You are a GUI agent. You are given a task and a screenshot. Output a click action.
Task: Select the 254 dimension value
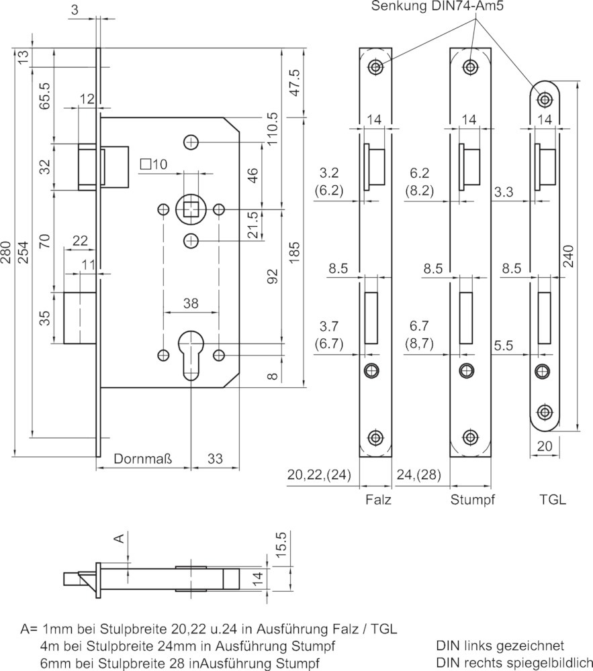[x=23, y=252]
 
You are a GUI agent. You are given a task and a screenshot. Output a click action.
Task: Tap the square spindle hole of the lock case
[x=191, y=209]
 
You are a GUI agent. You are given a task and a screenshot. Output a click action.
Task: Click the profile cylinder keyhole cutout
[x=191, y=355]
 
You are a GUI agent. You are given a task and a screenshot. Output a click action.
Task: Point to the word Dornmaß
[x=143, y=459]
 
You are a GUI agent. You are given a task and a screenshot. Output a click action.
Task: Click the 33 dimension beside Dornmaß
[x=215, y=459]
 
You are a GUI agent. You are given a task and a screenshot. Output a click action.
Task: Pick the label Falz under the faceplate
[x=379, y=499]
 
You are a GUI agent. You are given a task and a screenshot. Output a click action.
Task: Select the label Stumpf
[x=472, y=499]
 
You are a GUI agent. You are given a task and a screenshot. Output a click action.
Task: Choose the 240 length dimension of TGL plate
[x=567, y=256]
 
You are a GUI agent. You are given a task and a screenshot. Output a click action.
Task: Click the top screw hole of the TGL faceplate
[x=545, y=99]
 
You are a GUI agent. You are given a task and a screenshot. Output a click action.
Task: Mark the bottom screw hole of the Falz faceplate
[x=375, y=437]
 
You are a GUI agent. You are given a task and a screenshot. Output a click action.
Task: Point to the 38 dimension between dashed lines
[x=191, y=303]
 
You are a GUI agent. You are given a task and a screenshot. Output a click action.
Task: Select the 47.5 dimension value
[x=296, y=83]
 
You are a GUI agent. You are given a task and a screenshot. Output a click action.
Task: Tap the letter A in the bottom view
[x=120, y=538]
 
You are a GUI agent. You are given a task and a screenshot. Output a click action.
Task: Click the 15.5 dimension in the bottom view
[x=281, y=545]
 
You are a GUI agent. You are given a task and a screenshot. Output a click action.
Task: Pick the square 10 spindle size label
[x=154, y=164]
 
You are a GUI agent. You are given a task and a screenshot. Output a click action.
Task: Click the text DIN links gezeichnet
[x=500, y=646]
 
